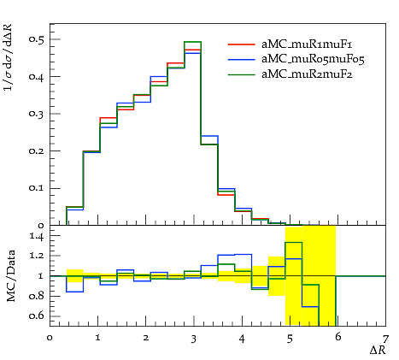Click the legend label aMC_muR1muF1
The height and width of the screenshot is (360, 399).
pos(307,44)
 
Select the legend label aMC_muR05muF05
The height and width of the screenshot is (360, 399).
pos(313,59)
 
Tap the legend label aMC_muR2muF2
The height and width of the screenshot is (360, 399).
pos(307,74)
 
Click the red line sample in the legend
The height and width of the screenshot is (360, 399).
pos(241,44)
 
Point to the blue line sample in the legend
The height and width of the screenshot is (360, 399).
pos(241,59)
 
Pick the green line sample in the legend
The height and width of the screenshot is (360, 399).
pos(241,74)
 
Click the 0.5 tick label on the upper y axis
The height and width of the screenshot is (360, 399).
pos(37,39)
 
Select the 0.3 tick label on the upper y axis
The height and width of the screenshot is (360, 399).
pos(37,114)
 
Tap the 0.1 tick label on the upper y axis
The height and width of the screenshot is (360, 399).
pos(37,188)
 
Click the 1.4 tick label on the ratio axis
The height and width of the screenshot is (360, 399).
pos(37,236)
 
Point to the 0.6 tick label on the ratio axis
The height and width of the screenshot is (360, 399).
pos(37,316)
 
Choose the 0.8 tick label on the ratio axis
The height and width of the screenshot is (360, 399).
pos(37,296)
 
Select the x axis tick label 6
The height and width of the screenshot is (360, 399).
pos(338,337)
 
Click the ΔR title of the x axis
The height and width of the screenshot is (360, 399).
pos(378,350)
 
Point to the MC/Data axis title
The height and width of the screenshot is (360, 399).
pos(10,276)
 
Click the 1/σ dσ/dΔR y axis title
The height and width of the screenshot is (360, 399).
pos(8,58)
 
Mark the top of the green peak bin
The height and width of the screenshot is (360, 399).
pos(193,42)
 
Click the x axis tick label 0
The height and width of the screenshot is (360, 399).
pos(50,338)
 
